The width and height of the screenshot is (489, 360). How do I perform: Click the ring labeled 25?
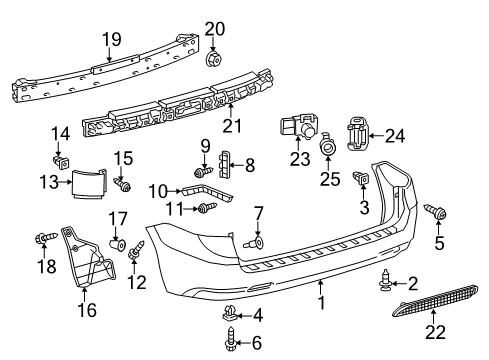coord(327,148)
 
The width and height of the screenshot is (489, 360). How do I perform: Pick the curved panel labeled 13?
coord(87,183)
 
